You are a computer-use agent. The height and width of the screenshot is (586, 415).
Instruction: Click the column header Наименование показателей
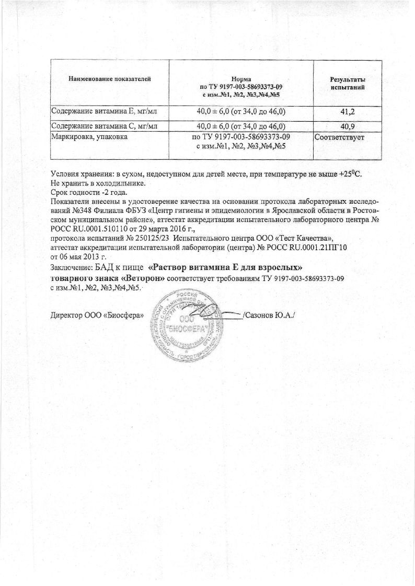point(109,79)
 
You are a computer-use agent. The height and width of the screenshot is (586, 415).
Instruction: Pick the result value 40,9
point(347,126)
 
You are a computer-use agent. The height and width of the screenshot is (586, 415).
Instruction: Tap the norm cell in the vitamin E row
point(241,112)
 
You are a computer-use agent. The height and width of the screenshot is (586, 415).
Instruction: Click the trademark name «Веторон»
point(139,279)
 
